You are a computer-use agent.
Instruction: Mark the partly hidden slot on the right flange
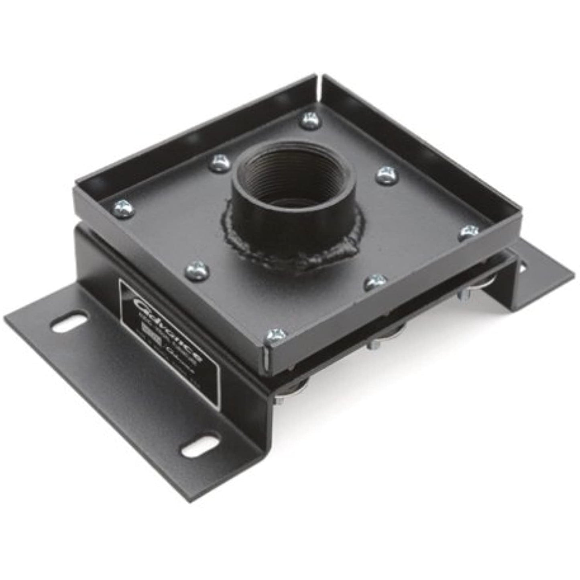tap(523, 265)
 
